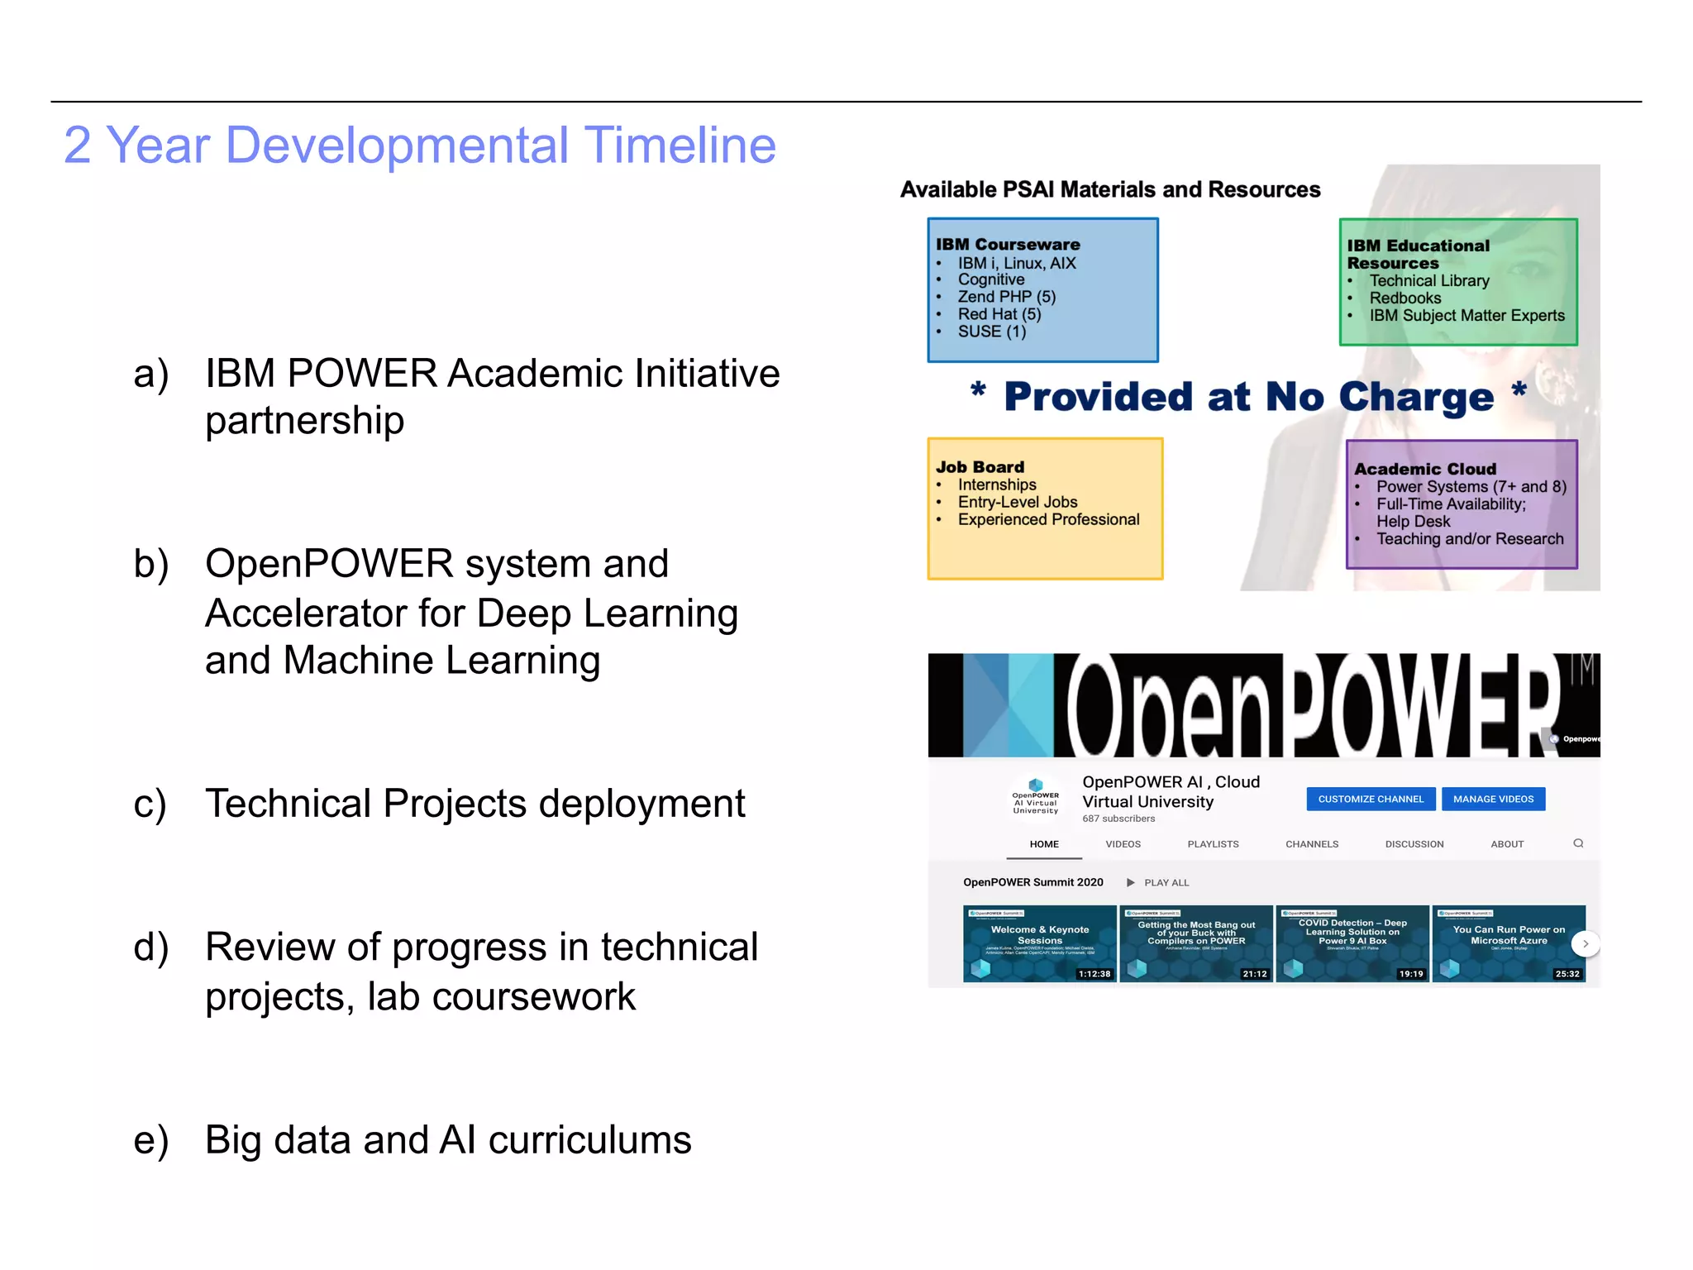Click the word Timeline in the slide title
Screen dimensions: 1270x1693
(680, 146)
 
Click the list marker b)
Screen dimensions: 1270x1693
(151, 564)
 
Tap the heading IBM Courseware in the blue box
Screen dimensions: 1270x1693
(1008, 245)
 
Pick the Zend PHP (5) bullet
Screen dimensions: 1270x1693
(1006, 297)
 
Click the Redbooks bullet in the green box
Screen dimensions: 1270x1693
(1404, 298)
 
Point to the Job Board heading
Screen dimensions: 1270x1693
(980, 467)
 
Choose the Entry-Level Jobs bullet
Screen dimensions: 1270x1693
(1017, 502)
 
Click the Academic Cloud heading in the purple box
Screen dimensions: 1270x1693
(1425, 469)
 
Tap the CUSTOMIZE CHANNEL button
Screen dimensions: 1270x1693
(1371, 799)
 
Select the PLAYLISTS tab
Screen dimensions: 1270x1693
(1213, 844)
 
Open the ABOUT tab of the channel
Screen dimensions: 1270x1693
(1507, 844)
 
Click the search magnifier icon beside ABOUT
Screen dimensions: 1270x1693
(1578, 843)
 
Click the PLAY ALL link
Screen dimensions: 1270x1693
(1166, 883)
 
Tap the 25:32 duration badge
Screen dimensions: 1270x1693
(1567, 974)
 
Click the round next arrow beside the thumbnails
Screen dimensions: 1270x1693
(1585, 943)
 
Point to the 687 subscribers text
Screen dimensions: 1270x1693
(1118, 819)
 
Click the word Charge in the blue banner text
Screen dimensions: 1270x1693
(1415, 398)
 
